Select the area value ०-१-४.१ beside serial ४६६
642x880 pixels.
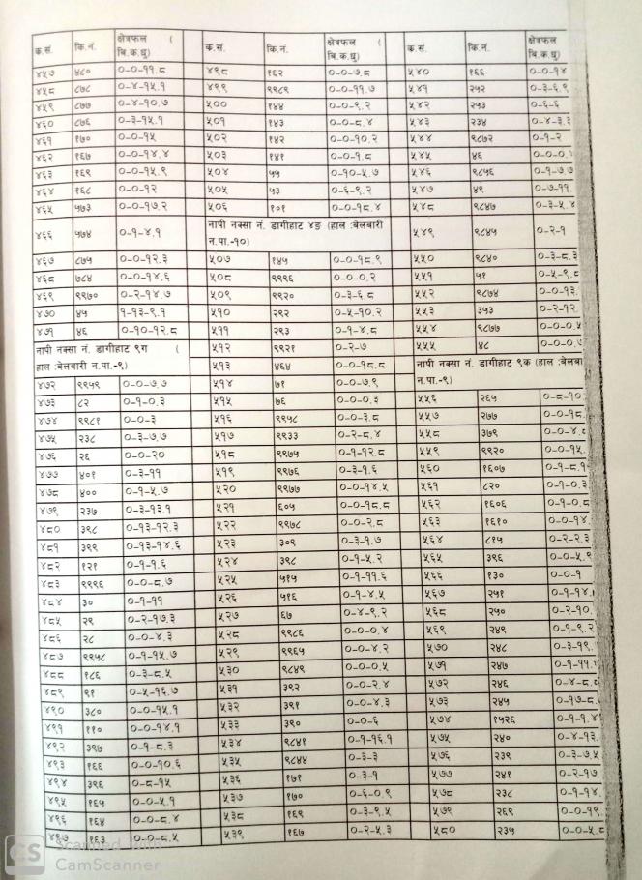(140, 232)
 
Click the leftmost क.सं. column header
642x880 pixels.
(43, 47)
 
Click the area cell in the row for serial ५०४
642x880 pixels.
(362, 170)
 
